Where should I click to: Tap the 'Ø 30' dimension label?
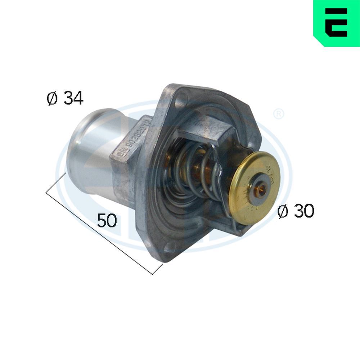(295, 211)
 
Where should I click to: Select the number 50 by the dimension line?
(107, 220)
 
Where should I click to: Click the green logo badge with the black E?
(336, 23)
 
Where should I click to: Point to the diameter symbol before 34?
(52, 98)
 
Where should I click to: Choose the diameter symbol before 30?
(283, 211)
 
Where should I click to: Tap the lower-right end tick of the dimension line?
(158, 269)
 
